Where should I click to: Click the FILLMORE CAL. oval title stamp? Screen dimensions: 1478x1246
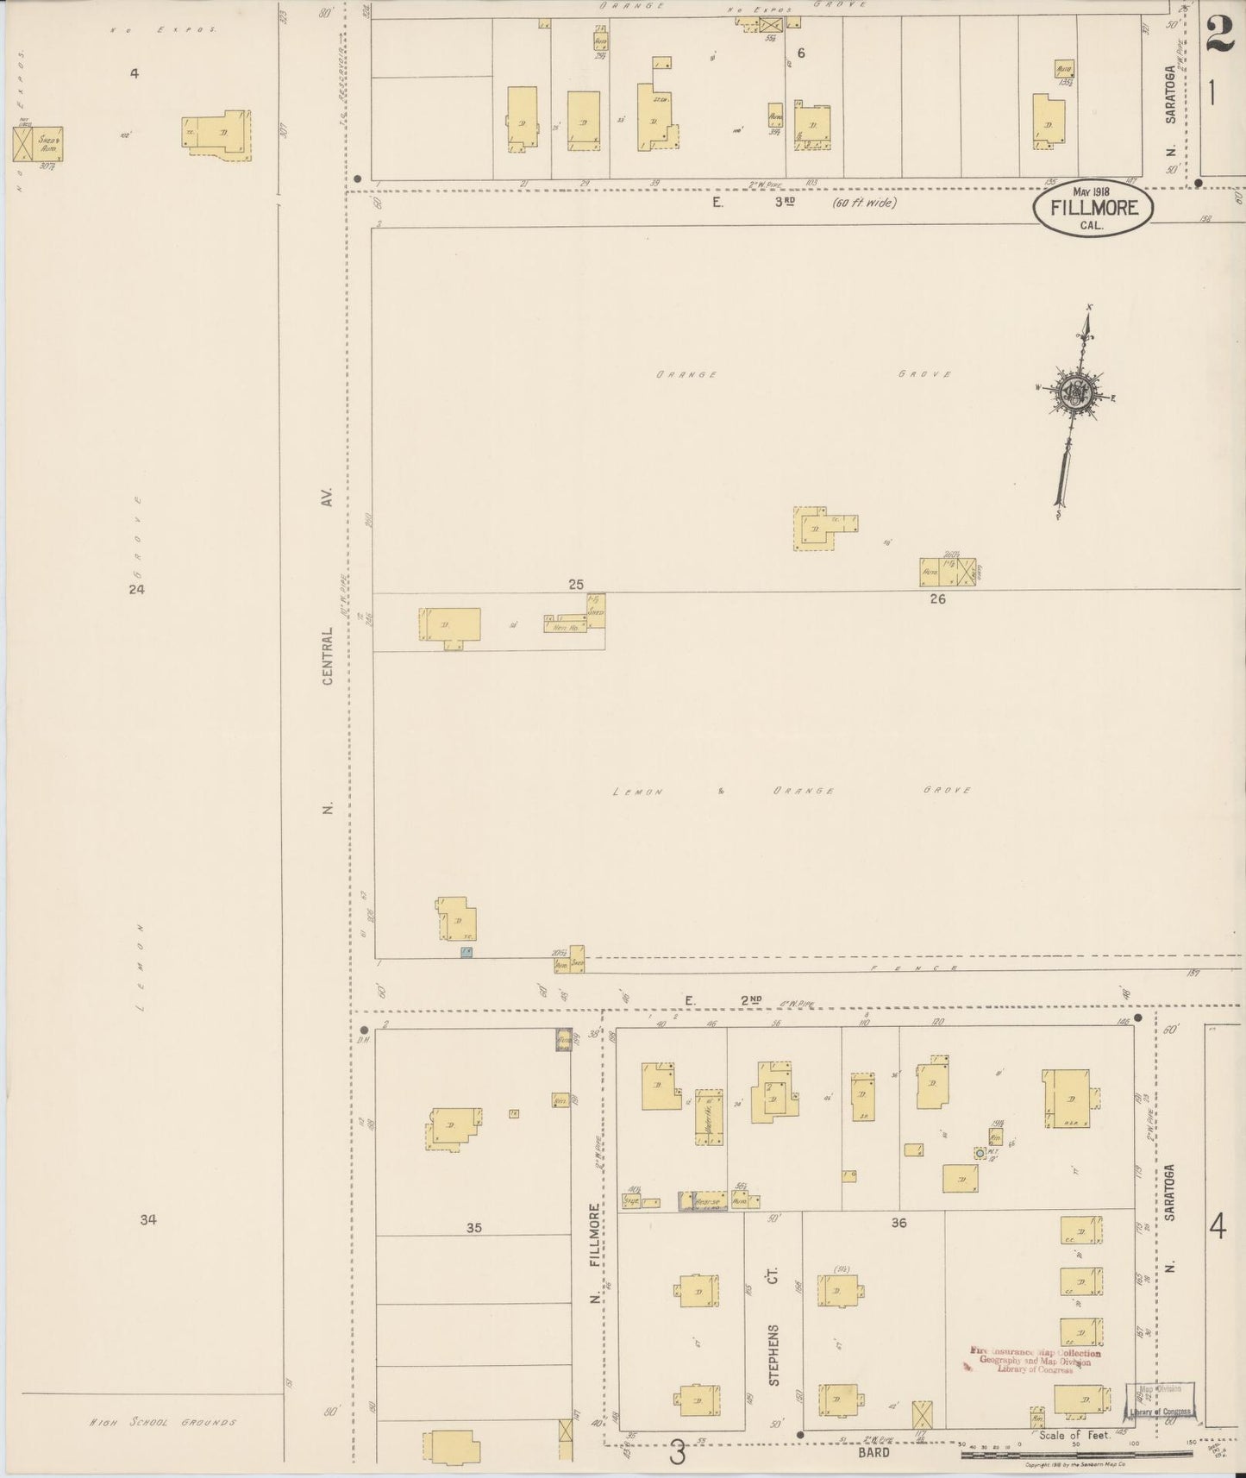click(x=1093, y=209)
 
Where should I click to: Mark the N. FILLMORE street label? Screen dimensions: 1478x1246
click(x=594, y=1252)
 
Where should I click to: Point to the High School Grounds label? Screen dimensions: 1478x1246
click(x=163, y=1423)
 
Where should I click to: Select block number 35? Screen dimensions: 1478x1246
click(x=473, y=1228)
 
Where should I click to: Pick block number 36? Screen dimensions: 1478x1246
click(x=898, y=1222)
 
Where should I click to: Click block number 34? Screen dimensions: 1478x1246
click(x=148, y=1219)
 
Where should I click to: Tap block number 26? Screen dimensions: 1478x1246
click(x=937, y=598)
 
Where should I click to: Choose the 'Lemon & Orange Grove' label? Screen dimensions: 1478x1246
click(x=792, y=790)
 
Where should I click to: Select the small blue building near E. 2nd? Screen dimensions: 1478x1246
click(x=466, y=952)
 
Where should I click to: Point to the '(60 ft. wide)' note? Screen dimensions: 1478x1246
click(x=864, y=203)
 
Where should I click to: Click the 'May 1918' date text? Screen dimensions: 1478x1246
click(x=1091, y=191)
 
